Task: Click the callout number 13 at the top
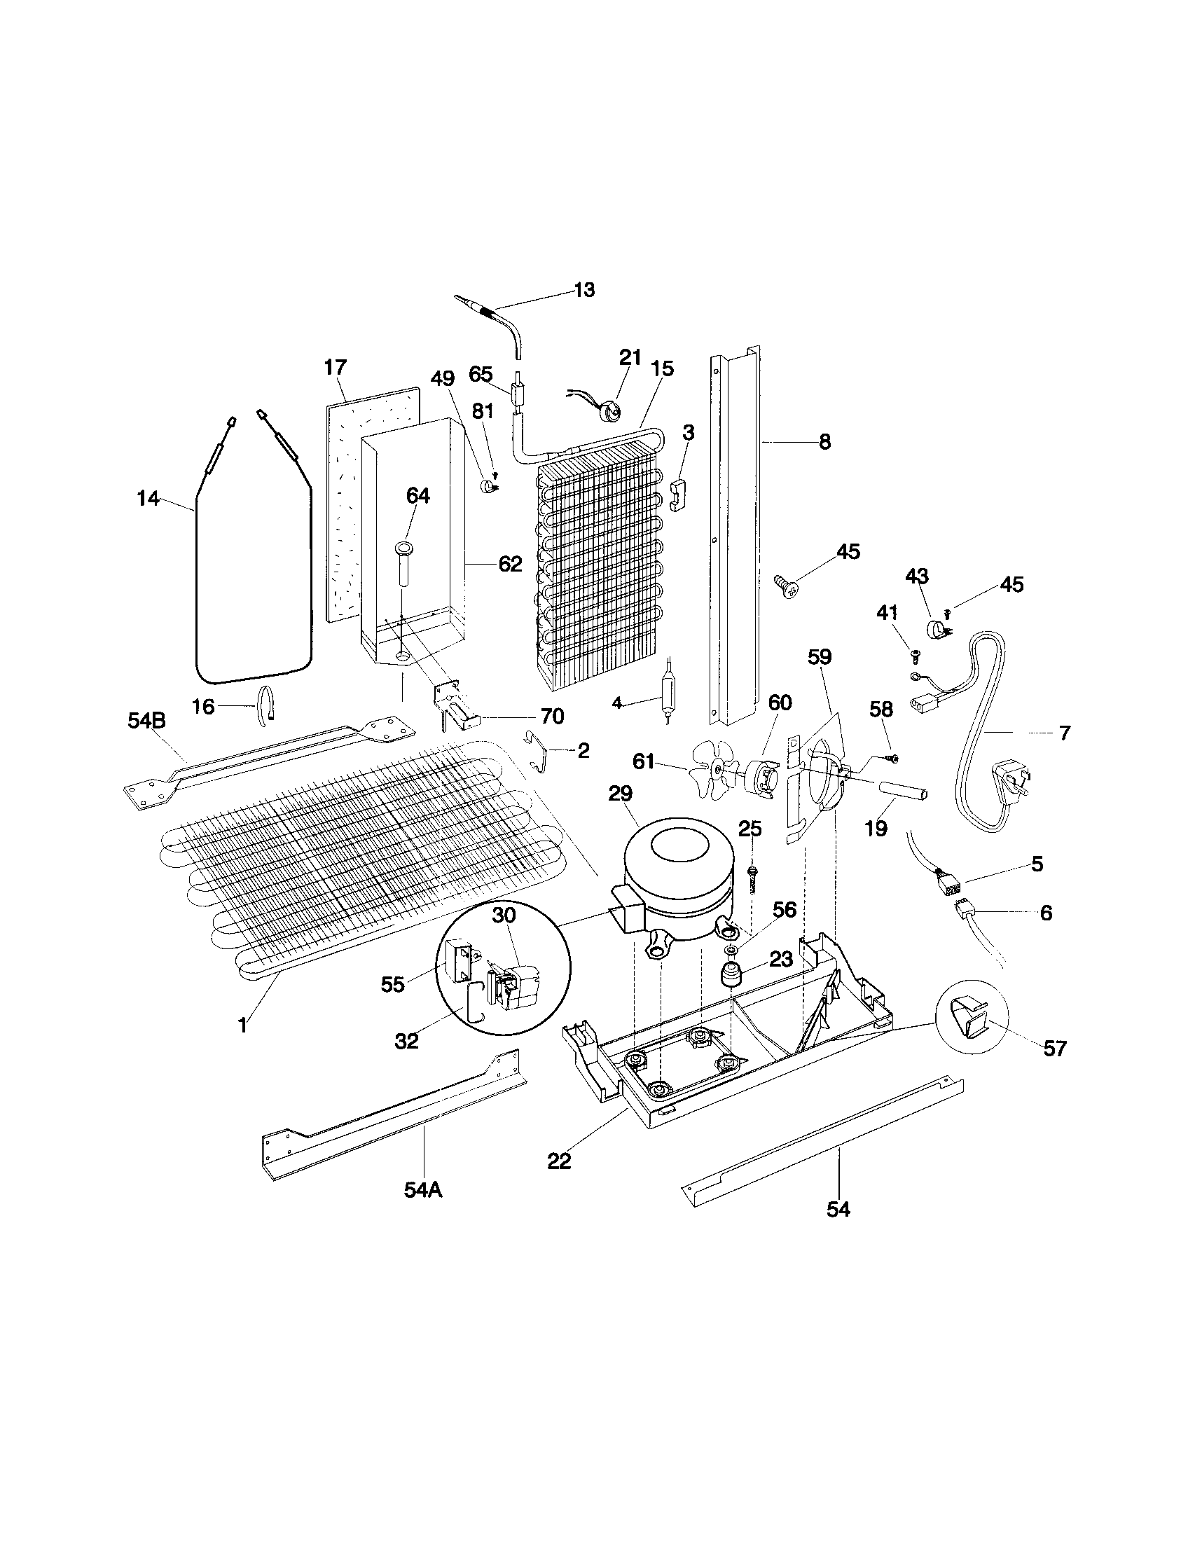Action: [x=584, y=290]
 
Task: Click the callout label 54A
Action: [x=422, y=1189]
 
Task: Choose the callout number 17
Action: [x=336, y=368]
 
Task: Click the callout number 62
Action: [x=510, y=564]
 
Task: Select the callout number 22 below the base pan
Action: [x=559, y=1161]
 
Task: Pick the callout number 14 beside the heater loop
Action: [x=147, y=499]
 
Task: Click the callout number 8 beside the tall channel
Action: [x=824, y=443]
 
